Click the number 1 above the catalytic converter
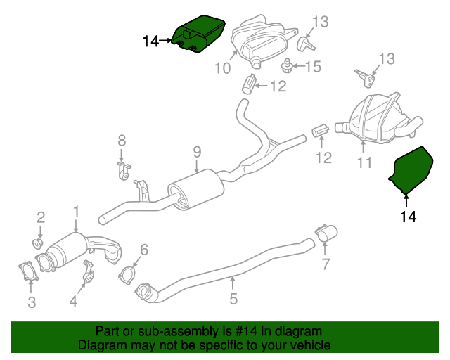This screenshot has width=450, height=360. pyautogui.click(x=76, y=211)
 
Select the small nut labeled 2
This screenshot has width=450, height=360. pyautogui.click(x=39, y=244)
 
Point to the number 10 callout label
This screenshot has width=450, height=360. pyautogui.click(x=222, y=69)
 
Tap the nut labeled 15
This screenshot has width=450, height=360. pyautogui.click(x=287, y=67)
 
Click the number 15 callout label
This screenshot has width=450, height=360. pyautogui.click(x=312, y=67)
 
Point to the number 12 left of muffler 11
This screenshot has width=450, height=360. pyautogui.click(x=323, y=158)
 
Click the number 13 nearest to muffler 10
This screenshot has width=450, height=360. pyautogui.click(x=320, y=22)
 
